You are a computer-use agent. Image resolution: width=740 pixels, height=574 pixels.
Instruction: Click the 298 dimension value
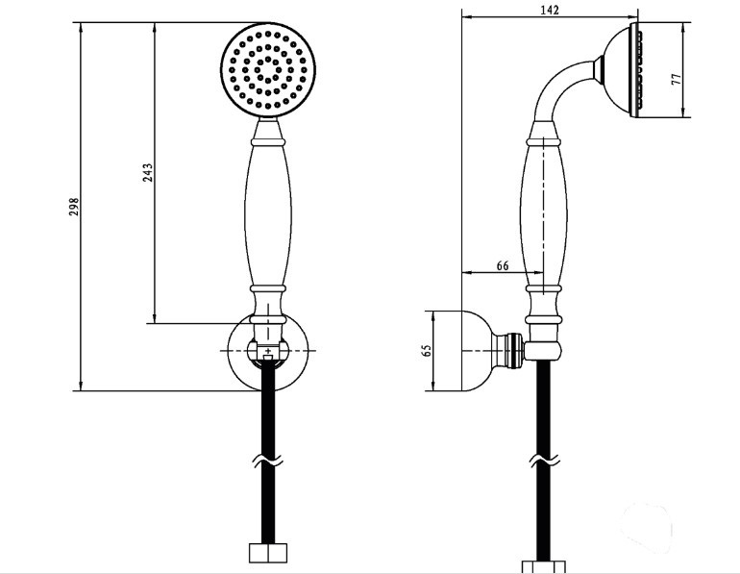[x=75, y=207]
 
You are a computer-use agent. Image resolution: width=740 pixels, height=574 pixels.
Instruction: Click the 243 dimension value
[x=148, y=173]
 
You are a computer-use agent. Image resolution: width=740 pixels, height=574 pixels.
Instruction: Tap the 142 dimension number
[x=550, y=10]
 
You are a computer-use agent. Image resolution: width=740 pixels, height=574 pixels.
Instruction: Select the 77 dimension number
[x=677, y=79]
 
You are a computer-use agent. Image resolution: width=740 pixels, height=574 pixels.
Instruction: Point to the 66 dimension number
[x=503, y=265]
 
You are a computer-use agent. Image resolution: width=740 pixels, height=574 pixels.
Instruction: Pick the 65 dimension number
[x=427, y=351]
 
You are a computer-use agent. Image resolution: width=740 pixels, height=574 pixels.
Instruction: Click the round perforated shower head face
[x=268, y=69]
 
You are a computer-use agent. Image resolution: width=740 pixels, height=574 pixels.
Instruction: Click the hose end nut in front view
[x=267, y=553]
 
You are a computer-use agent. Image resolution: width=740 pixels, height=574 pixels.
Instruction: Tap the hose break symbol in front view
[x=267, y=461]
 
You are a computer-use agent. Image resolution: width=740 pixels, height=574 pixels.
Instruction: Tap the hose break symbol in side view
[x=544, y=461]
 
